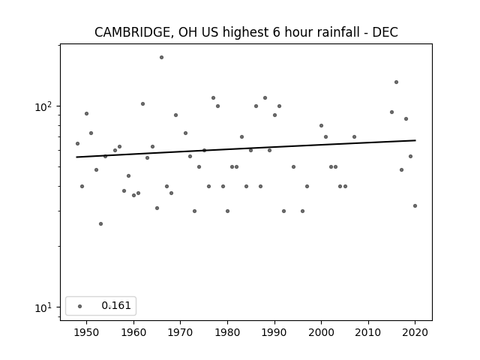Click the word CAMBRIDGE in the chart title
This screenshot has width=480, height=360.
132,32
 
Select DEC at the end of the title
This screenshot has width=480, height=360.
385,32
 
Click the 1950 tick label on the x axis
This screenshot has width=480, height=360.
87,332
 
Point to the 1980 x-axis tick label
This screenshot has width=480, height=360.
227,332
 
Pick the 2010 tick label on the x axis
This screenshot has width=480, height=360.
368,332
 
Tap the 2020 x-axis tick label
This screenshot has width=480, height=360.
415,332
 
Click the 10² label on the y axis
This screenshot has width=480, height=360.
43,106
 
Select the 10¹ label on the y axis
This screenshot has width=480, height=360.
43,307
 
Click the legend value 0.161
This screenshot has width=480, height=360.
116,305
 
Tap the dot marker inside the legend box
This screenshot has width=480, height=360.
80,306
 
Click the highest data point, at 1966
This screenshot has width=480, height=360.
162,58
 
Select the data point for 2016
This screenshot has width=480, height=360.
397,82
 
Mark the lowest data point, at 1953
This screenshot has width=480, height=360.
100,223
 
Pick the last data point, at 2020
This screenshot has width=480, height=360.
415,206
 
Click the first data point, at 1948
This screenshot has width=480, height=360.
77,143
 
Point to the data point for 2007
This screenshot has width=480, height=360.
354,136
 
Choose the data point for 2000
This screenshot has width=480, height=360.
322,125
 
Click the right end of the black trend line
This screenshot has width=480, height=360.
415,140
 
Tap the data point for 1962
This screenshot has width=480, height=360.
143,104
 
